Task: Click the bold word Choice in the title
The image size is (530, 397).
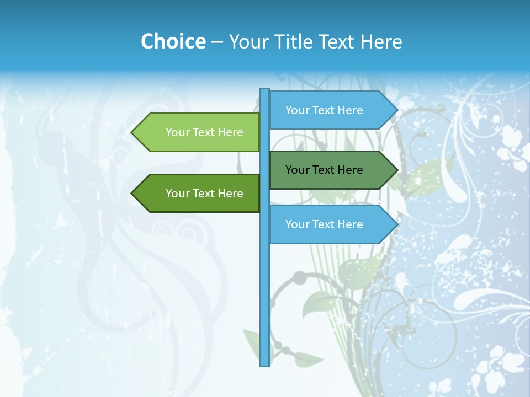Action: click(x=173, y=41)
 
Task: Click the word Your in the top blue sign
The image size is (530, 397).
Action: click(x=297, y=110)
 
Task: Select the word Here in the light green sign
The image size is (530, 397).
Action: click(x=230, y=132)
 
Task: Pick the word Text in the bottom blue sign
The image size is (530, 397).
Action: click(x=324, y=224)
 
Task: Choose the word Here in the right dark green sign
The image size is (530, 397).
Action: click(x=350, y=170)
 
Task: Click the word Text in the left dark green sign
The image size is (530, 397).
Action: click(x=204, y=194)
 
